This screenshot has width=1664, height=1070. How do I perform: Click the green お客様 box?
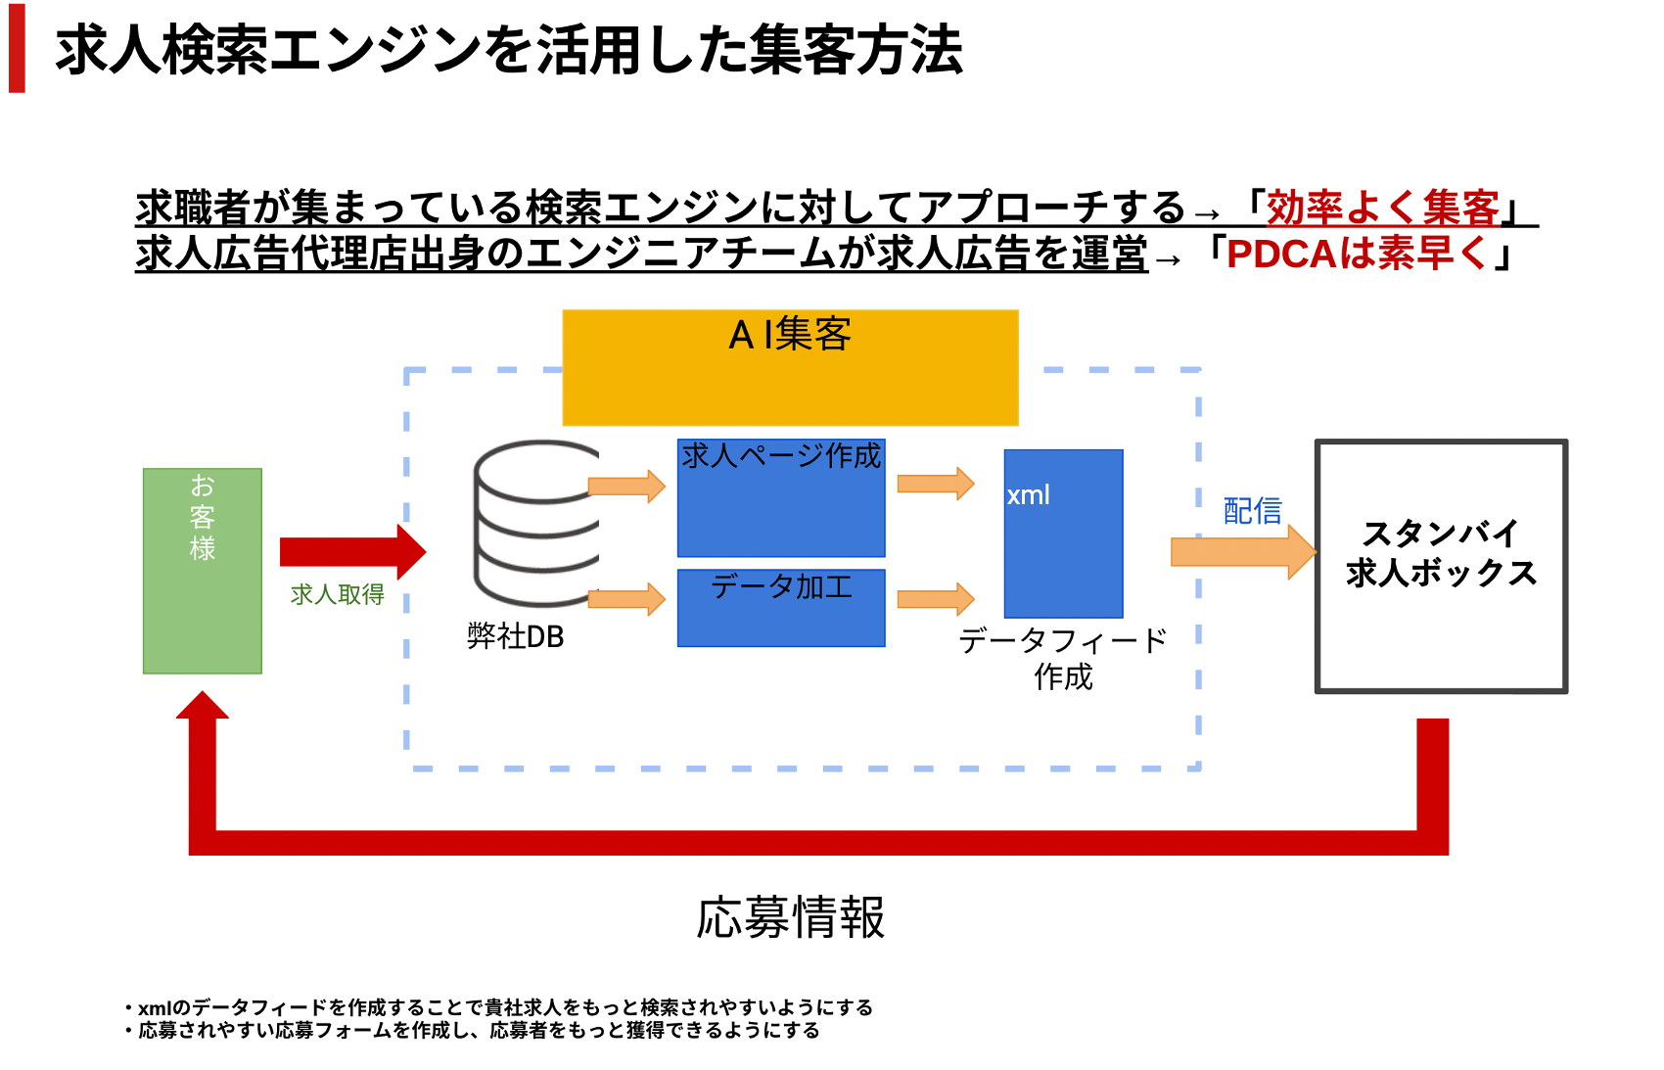202,571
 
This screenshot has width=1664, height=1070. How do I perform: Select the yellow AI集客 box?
791,368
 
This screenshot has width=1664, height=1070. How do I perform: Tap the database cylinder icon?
537,524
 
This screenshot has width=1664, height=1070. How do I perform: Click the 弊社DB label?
516,636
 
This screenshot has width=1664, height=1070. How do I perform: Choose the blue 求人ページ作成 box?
781,498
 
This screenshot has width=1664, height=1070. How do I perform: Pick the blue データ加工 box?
781,608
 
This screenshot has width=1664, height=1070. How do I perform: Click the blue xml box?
1063,534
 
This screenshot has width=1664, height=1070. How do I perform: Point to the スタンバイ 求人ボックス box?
1441,566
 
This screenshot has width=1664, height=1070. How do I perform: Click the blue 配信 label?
1253,511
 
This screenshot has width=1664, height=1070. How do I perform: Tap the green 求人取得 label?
338,594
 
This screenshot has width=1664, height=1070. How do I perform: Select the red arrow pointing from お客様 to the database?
352,552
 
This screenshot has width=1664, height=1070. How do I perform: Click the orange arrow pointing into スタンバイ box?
1243,552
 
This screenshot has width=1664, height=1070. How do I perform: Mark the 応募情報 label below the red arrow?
791,917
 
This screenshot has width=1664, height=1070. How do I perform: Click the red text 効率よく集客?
1382,208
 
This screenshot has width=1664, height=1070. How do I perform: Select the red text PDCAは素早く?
1357,254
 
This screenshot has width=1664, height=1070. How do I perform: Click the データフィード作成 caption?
1063,658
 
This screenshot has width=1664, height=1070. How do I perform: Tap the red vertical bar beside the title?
17,48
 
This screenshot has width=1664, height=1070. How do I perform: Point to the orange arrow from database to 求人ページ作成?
626,487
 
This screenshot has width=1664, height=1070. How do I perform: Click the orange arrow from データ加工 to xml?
935,599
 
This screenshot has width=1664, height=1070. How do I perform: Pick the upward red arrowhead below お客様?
202,705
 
